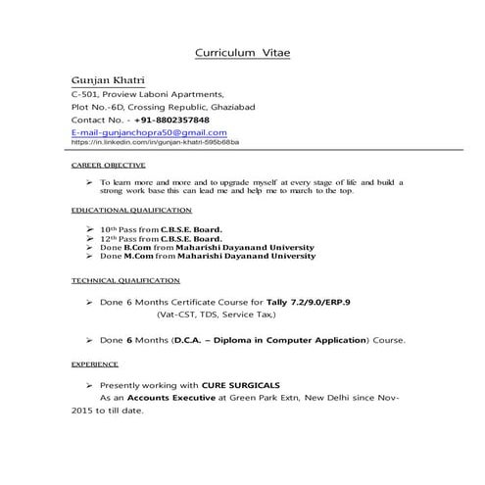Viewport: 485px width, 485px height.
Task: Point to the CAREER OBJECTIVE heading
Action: pyautogui.click(x=109, y=166)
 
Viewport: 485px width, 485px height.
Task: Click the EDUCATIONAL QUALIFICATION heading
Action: pyautogui.click(x=132, y=211)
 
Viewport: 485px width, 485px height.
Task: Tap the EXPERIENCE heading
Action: pyautogui.click(x=95, y=363)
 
